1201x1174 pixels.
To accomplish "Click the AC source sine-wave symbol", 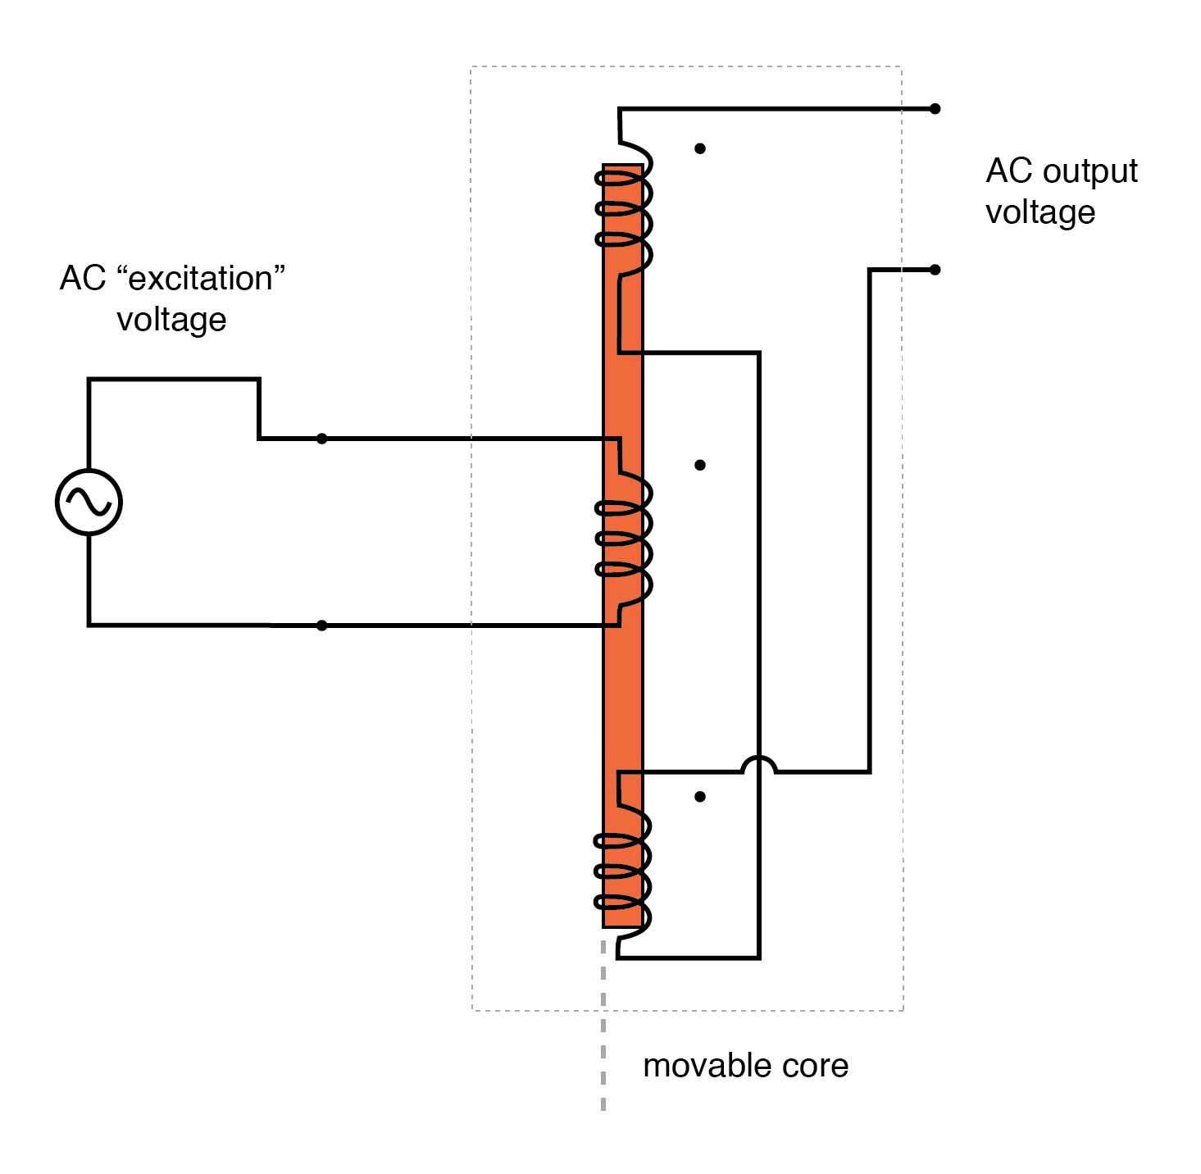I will click(x=89, y=502).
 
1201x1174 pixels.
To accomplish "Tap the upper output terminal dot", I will click(x=935, y=108).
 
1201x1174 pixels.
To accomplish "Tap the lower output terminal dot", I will click(x=935, y=269).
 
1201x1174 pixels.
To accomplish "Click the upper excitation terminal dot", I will click(x=321, y=439).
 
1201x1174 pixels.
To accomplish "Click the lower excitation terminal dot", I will click(x=321, y=626).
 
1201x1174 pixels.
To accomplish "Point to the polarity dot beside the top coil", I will click(x=699, y=148).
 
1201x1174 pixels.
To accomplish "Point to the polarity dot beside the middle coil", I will click(x=699, y=465).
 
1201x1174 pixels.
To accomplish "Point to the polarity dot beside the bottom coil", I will click(x=699, y=796).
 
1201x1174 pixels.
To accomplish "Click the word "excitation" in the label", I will click(x=201, y=279).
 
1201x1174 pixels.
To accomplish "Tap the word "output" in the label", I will click(x=1090, y=172).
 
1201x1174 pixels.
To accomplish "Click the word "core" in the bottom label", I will click(x=815, y=1066).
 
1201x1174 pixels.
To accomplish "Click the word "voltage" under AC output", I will click(x=1040, y=213).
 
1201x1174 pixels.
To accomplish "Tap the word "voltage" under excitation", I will click(x=171, y=320).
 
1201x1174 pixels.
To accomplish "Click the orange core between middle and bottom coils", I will click(x=623, y=697).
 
